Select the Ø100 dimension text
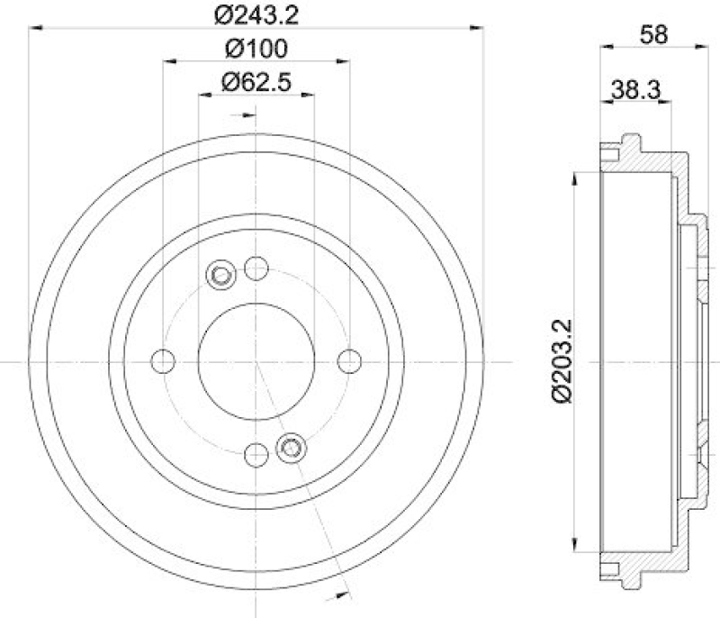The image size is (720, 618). pos(256,47)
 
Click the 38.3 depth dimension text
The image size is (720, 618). pos(636,88)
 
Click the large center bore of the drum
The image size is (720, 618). pos(256,361)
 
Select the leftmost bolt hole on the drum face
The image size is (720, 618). pos(163,361)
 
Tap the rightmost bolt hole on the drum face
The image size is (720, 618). pos(349,361)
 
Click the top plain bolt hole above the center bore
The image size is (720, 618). pos(256,268)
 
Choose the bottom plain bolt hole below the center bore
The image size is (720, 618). pos(256,454)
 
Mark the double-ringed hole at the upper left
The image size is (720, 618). pos(220,275)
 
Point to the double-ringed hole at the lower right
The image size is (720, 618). pos(292,447)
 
